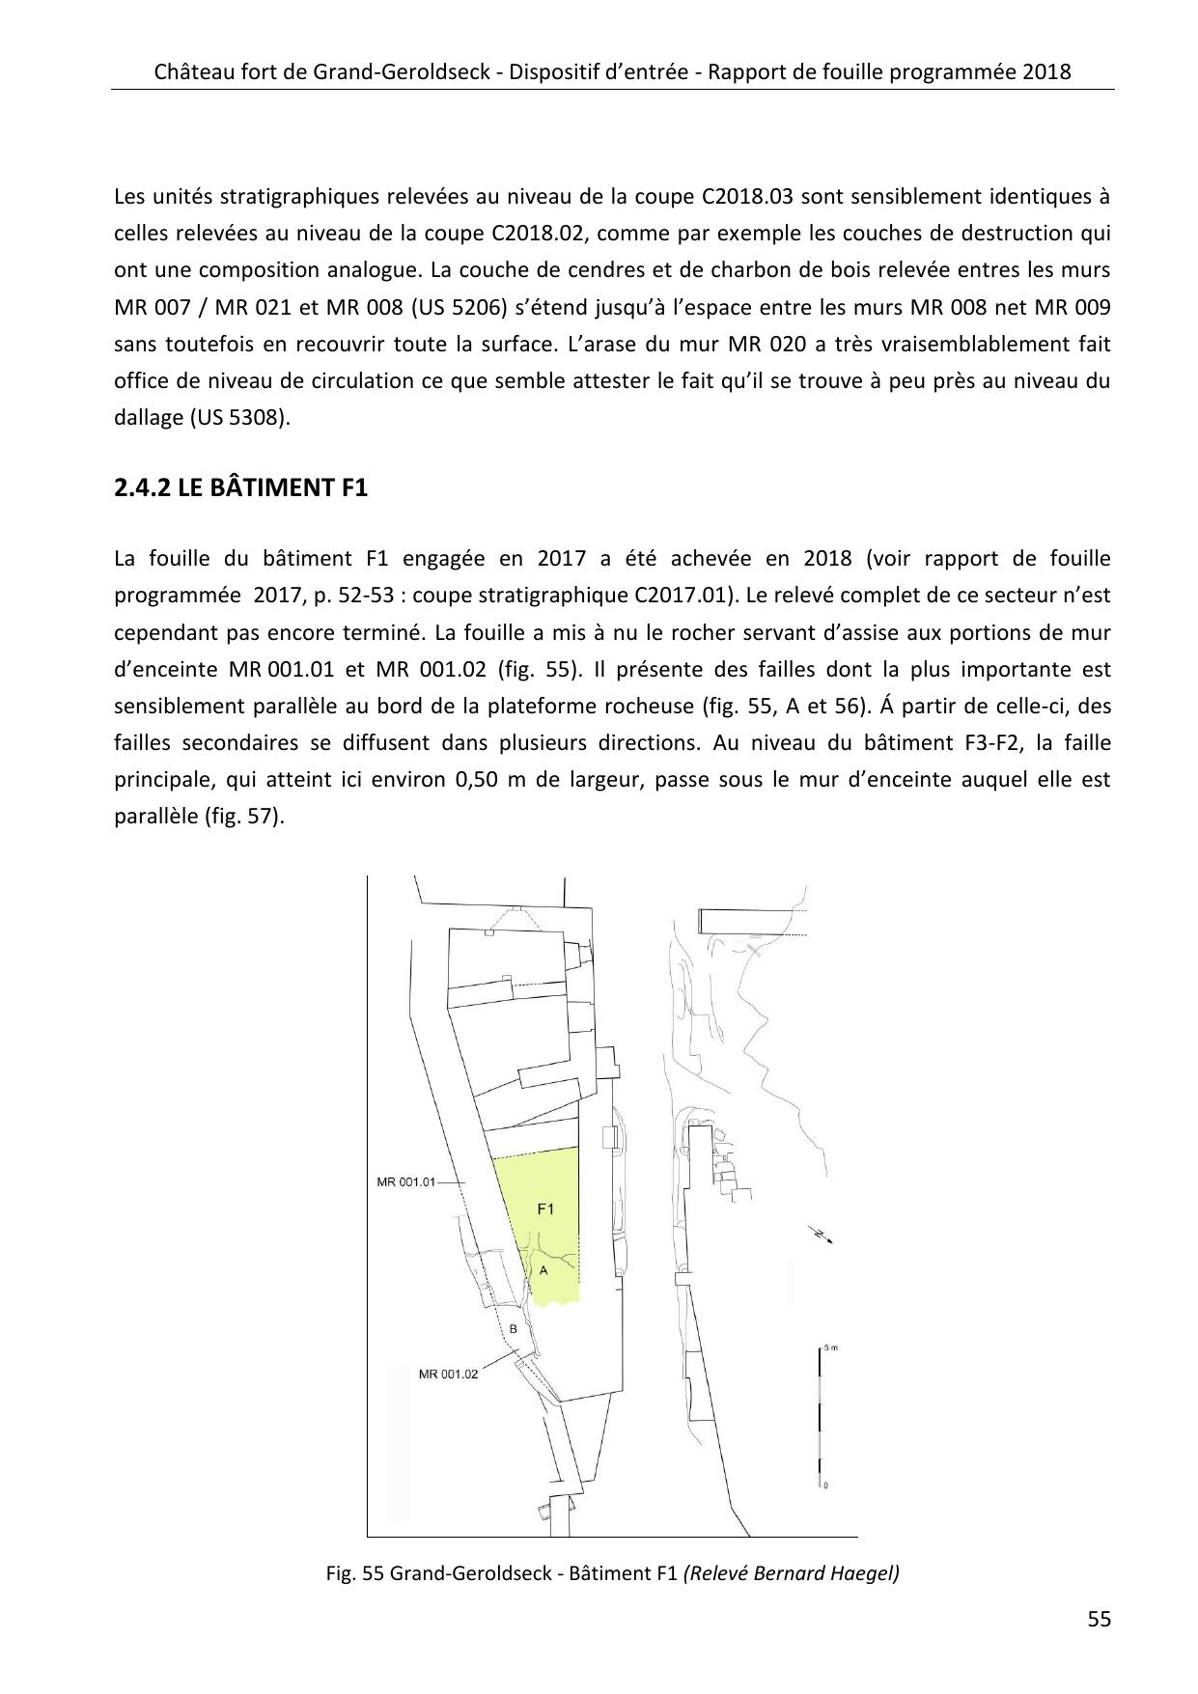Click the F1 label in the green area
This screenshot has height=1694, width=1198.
[545, 1208]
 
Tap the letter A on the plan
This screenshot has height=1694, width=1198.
[543, 1270]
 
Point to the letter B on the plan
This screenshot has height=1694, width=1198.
[514, 1329]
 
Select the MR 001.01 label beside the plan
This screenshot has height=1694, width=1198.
[406, 1181]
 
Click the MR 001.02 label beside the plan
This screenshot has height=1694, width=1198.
[448, 1375]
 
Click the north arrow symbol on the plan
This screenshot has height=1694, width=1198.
[822, 1236]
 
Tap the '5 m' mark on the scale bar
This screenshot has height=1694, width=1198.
[831, 1347]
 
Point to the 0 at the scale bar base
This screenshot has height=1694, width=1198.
[825, 1486]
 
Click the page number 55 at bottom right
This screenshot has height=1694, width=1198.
[1099, 1619]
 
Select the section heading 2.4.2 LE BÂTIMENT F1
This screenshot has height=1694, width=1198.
[240, 487]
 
